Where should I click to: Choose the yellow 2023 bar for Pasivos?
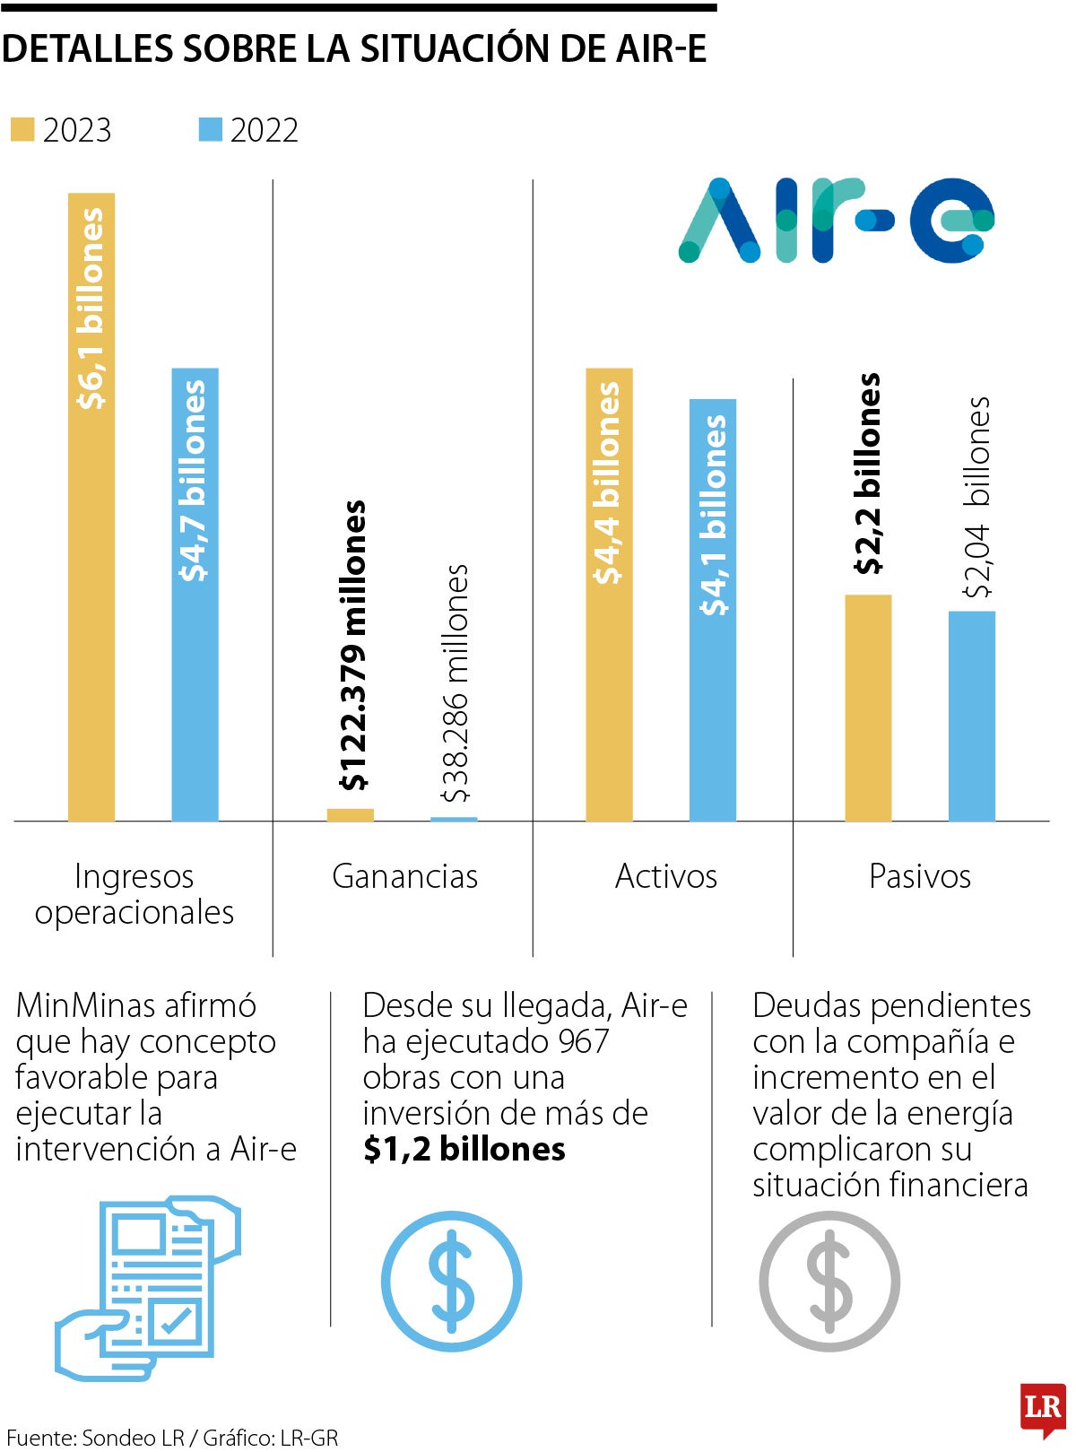[868, 708]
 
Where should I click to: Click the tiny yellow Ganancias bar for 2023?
[351, 815]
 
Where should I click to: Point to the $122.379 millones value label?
[353, 646]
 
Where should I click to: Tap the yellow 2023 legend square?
[22, 130]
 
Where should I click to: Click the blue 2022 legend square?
[210, 130]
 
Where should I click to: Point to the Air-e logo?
[837, 221]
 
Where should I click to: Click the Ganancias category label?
[404, 876]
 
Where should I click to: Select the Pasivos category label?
[920, 876]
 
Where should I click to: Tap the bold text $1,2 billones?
[464, 1149]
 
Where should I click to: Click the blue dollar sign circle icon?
[451, 1281]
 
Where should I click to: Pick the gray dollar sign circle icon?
[829, 1281]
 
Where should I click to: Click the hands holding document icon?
[148, 1287]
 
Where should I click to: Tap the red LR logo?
[1043, 1409]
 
